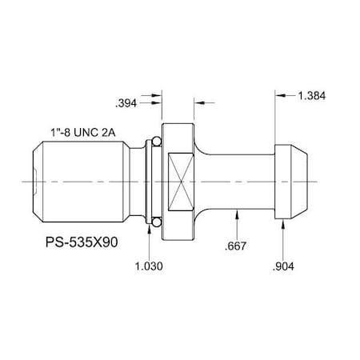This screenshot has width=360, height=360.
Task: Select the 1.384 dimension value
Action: click(312, 95)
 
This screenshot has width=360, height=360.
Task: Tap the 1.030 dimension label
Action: click(150, 266)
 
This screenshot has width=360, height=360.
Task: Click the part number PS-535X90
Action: click(80, 242)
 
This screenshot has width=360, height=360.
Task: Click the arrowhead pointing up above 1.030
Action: click(150, 230)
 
